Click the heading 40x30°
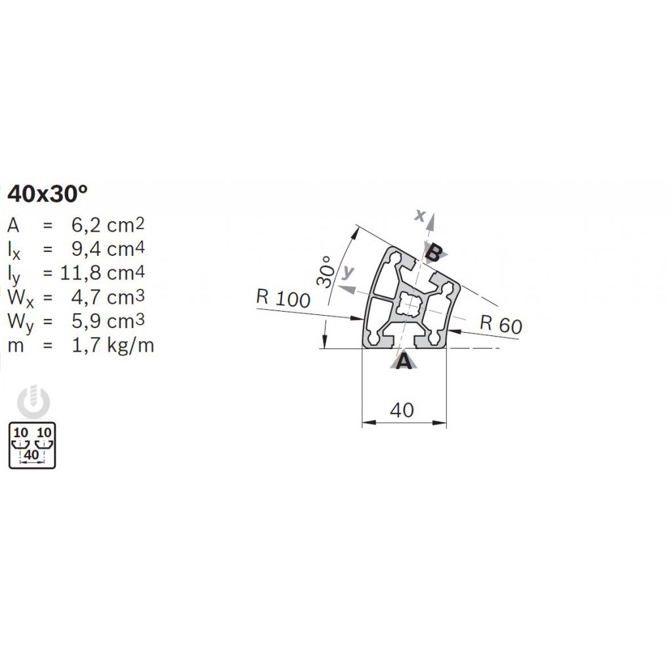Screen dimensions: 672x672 [47, 194]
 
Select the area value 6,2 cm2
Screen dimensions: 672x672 [107, 226]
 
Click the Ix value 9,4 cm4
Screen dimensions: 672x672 [107, 249]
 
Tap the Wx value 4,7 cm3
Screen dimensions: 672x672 [107, 297]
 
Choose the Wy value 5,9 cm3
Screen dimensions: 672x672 [107, 321]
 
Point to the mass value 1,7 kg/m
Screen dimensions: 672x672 [112, 345]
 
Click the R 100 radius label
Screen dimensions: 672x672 [282, 299]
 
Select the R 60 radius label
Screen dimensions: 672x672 [501, 324]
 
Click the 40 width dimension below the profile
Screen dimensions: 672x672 [402, 410]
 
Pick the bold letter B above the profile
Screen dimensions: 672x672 [433, 251]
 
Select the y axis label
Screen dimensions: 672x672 [349, 272]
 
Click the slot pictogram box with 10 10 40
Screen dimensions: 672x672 [32, 446]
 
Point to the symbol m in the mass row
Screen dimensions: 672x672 [16, 345]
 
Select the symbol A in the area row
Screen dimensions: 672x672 [14, 226]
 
